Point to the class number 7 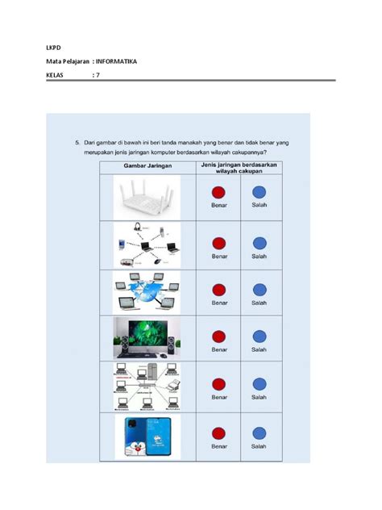pos(98,75)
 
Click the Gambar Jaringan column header pos(146,166)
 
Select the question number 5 pos(69,142)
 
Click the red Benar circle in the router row pos(219,194)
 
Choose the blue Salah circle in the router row pos(259,194)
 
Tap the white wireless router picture pos(146,199)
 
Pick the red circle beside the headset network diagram pos(219,244)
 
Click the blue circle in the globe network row pos(259,291)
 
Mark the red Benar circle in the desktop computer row pos(219,337)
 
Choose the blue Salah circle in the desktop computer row pos(259,337)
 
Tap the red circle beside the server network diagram pos(219,384)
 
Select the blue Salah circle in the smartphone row pos(259,433)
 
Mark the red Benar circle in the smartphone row pos(219,433)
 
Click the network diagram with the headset pos(146,245)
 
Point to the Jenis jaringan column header pos(239,166)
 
